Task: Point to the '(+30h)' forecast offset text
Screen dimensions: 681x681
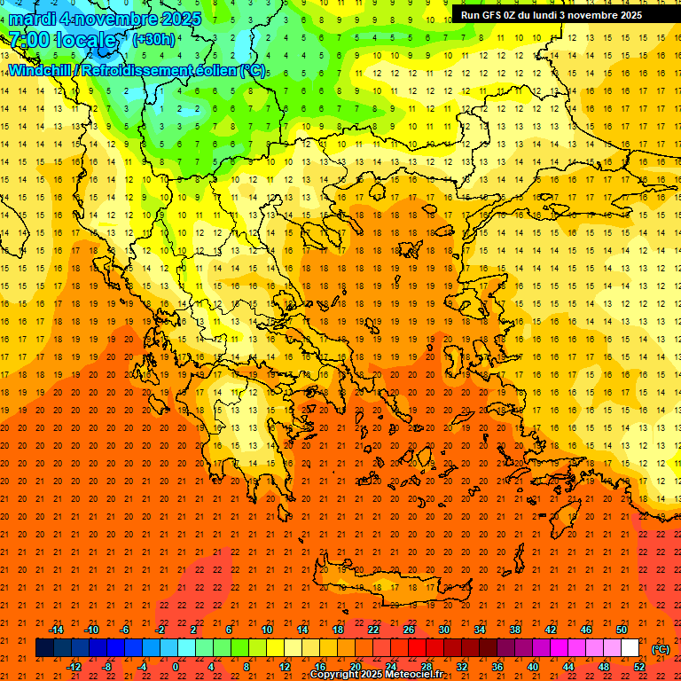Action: (153, 39)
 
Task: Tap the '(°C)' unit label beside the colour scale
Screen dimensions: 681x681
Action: (660, 649)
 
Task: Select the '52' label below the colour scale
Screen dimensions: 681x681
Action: (639, 666)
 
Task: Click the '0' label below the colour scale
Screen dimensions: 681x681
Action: (176, 666)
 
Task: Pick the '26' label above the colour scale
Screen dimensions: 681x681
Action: (409, 630)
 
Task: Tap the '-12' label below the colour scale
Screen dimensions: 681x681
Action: (74, 666)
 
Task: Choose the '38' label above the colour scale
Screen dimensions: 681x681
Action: (515, 630)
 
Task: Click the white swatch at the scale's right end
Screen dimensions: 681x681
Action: (630, 648)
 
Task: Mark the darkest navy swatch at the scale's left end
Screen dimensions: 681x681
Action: (44, 648)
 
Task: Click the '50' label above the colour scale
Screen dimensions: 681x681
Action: (622, 630)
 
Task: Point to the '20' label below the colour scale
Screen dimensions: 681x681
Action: (356, 666)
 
